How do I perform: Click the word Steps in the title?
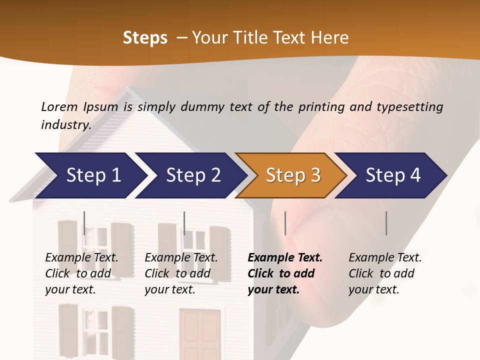145,38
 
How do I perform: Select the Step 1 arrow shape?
90,175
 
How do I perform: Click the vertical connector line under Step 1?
84,223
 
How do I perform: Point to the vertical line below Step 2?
184,223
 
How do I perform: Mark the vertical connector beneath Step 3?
285,223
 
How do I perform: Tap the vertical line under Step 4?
386,223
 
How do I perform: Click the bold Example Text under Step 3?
285,273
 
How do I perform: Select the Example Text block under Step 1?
81,273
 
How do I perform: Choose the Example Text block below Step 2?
181,273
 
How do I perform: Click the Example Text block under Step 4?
385,273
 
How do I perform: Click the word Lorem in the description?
59,106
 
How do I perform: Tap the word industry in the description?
65,124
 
